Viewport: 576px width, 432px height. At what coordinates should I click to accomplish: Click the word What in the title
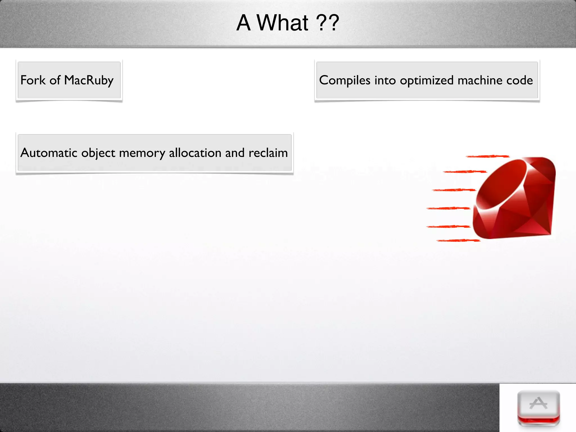click(x=282, y=23)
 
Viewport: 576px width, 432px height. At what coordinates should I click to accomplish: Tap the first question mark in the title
click(x=321, y=23)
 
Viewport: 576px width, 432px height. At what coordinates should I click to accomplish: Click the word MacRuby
click(x=89, y=80)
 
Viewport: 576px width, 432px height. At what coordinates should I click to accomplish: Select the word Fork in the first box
click(x=33, y=80)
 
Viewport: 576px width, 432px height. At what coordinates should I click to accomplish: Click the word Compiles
click(x=345, y=80)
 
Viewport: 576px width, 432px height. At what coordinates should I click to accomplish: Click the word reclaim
click(x=268, y=153)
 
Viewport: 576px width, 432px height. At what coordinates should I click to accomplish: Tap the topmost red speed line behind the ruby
click(x=487, y=156)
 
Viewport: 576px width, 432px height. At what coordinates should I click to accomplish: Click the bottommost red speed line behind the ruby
click(x=458, y=240)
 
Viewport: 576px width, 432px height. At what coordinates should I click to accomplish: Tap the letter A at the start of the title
click(x=244, y=23)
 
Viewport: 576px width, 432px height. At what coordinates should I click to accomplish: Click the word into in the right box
click(x=385, y=80)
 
